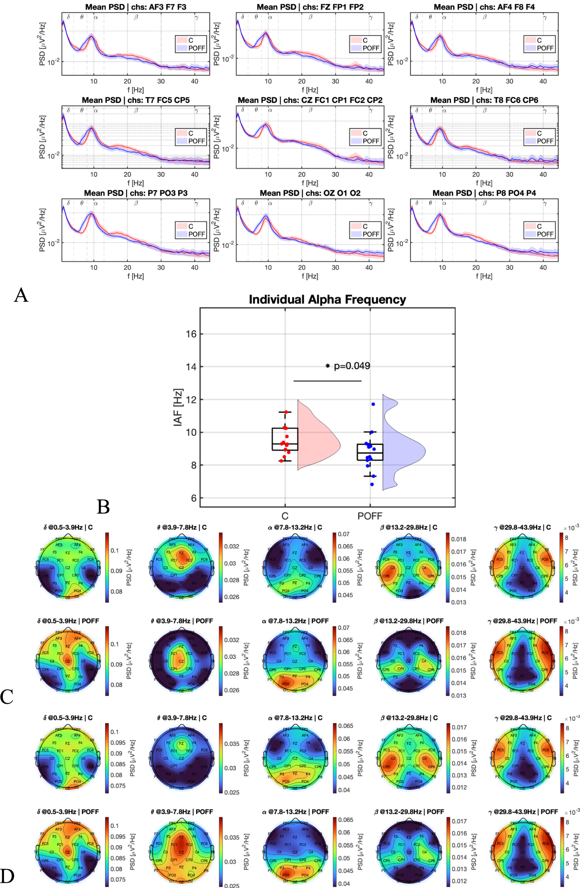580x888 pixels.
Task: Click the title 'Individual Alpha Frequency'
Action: (327, 300)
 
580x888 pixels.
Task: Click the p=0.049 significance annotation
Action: (349, 366)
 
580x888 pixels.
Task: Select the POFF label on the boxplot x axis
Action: (370, 516)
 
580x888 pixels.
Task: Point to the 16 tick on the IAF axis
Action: (191, 334)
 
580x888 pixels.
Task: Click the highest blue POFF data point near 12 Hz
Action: (373, 404)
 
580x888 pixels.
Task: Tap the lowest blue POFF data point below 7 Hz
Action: (372, 484)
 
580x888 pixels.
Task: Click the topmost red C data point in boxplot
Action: (286, 412)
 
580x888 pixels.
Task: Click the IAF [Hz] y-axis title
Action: (178, 407)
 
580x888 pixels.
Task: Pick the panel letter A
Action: (21, 295)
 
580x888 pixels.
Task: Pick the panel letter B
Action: (103, 507)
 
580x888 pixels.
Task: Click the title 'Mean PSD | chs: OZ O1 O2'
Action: (310, 193)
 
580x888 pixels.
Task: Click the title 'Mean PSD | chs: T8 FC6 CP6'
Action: (484, 100)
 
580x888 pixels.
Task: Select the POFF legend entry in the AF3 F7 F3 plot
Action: (196, 48)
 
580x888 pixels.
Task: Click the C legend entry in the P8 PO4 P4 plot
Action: (539, 227)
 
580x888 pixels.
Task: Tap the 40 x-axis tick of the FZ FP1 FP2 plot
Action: (369, 81)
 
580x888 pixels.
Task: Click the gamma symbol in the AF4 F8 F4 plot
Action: (544, 17)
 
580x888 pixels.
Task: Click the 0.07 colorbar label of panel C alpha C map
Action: (343, 534)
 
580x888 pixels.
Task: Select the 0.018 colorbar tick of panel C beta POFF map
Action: (458, 633)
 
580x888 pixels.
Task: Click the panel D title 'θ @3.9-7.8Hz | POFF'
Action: (181, 812)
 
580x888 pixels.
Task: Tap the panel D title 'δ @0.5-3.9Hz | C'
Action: (68, 718)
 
